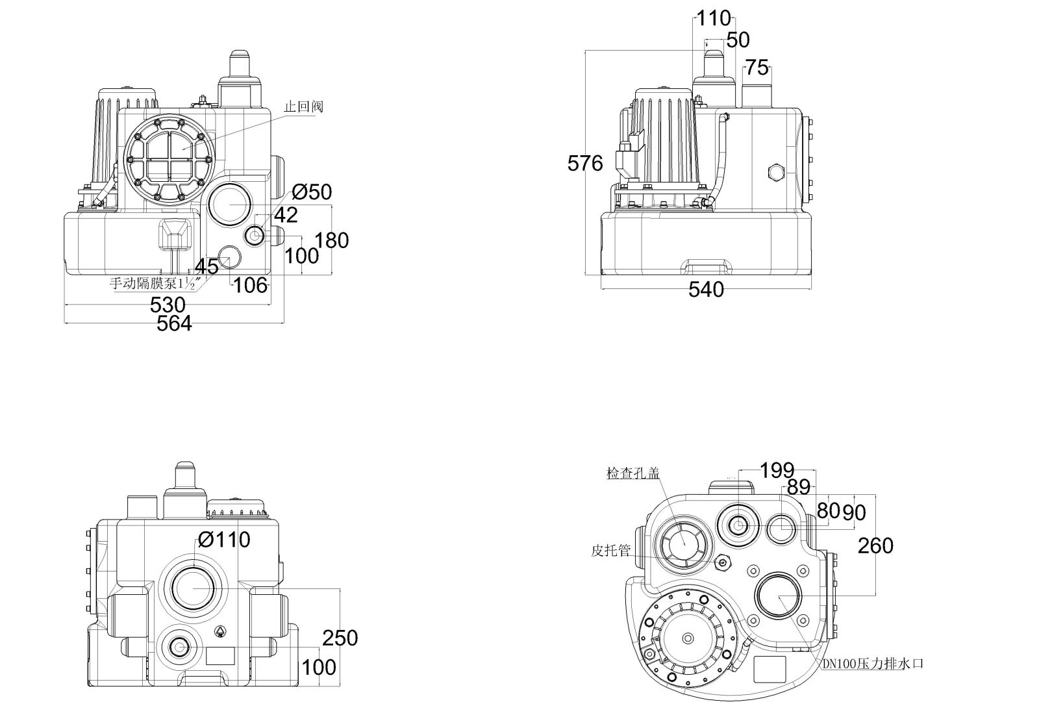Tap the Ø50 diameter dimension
coord(312,192)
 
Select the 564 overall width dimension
coord(175,323)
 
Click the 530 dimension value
coord(168,304)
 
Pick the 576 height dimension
coord(585,163)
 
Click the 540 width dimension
coord(706,290)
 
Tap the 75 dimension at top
coord(756,67)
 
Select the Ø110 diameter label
coord(225,539)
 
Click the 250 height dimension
coord(340,638)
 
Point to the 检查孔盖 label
coord(632,473)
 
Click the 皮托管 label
coord(610,551)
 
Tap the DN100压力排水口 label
coord(872,664)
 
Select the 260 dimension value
coord(875,546)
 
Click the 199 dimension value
coord(777,470)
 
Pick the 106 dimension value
coord(250,284)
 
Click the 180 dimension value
coord(332,240)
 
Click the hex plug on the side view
coord(776,173)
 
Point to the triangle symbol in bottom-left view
coord(221,631)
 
